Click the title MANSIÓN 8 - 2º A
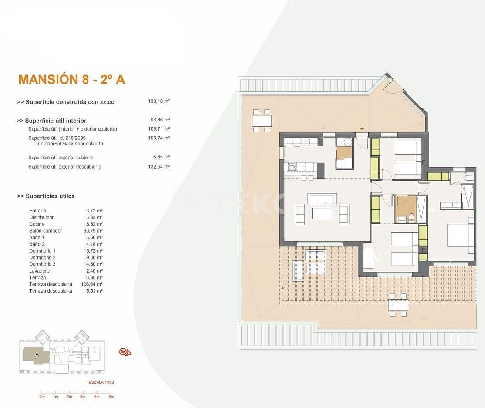pos(72,79)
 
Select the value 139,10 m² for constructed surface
pos(159,101)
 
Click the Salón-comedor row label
pos(46,231)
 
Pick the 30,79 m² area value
pos(94,231)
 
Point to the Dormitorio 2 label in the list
pos(42,257)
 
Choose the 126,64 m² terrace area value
pos(94,284)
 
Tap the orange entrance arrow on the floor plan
pos(361,128)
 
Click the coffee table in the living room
pos(322,213)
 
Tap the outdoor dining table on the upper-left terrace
pos(262,120)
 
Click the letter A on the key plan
pos(37,354)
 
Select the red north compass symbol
pos(125,352)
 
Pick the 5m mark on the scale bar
pos(111,397)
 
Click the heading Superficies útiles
pos(46,196)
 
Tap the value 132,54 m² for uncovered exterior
pos(159,167)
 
